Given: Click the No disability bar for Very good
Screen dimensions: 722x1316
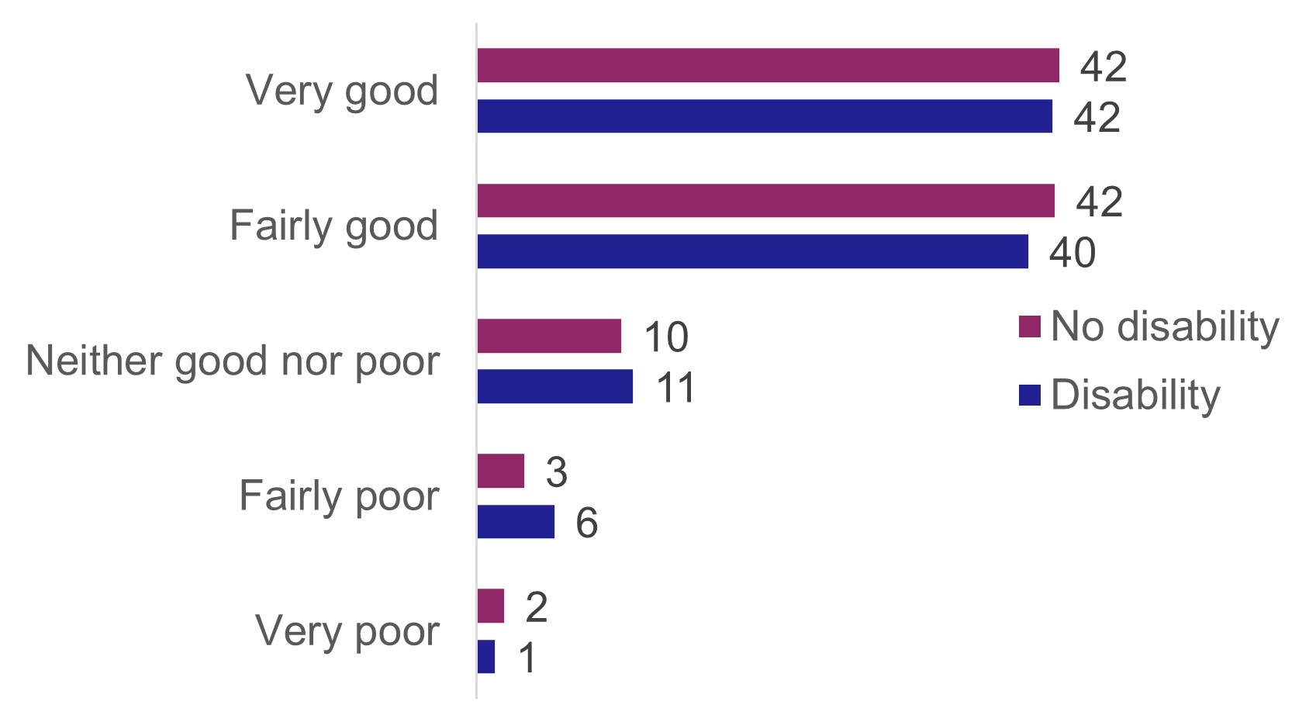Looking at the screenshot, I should pos(768,65).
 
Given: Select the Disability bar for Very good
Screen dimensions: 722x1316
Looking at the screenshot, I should pos(765,116).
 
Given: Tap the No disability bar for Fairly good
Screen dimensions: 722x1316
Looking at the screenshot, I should pos(765,201).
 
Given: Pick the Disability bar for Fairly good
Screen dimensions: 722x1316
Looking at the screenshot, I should pos(752,252).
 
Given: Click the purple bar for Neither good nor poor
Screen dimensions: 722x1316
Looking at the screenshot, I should pos(549,336).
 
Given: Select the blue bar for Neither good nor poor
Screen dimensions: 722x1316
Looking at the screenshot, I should pos(554,386).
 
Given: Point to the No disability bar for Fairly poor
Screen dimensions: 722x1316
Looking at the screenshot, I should pos(500,471).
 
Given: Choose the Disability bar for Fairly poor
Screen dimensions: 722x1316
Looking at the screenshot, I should pos(516,522).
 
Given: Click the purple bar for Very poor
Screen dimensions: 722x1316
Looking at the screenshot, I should pos(490,606).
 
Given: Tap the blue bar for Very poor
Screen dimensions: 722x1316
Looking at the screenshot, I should pos(485,657).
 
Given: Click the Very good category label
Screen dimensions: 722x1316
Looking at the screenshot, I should pos(342,92).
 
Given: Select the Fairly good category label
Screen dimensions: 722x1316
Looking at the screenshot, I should pos(334,226).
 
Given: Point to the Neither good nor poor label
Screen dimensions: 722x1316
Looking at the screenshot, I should pos(233,361).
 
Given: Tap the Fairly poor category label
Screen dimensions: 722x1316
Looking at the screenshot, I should pos(339,496).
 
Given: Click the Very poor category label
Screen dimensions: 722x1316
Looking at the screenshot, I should pos(347,631).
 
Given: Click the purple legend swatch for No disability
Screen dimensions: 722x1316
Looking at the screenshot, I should pos(1029,327).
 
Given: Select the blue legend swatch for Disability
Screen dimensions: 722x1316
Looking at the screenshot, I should pos(1029,396).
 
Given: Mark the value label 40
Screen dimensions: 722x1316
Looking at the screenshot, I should pos(1072,253).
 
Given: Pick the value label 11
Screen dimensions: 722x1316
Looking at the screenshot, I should pos(676,387).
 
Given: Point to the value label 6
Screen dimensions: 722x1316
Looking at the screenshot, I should pos(586,523).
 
